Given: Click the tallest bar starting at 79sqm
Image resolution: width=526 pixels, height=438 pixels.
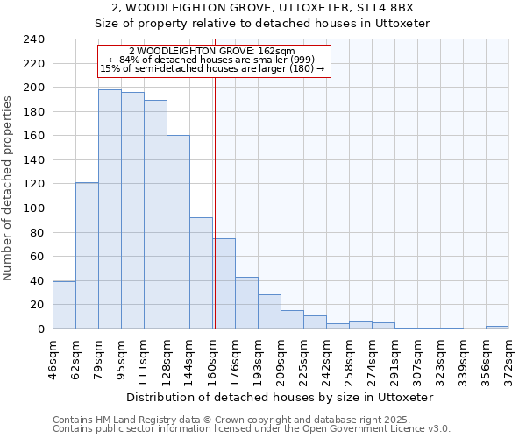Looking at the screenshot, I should pyautogui.click(x=110, y=209).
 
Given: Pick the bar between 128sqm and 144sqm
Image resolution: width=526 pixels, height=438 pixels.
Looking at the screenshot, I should pyautogui.click(x=178, y=232).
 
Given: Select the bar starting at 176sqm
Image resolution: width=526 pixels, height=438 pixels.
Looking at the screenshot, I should pyautogui.click(x=246, y=303).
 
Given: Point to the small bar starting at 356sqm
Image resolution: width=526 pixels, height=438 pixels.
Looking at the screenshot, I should pyautogui.click(x=497, y=328).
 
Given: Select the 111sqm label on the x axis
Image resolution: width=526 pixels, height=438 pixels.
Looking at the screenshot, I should pyautogui.click(x=144, y=357).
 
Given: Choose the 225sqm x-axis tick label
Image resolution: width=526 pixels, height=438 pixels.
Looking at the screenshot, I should pyautogui.click(x=303, y=357).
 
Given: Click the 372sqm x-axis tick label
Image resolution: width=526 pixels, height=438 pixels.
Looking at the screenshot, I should pyautogui.click(x=508, y=357).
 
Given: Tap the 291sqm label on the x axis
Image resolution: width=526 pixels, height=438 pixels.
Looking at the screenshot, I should pyautogui.click(x=394, y=357).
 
